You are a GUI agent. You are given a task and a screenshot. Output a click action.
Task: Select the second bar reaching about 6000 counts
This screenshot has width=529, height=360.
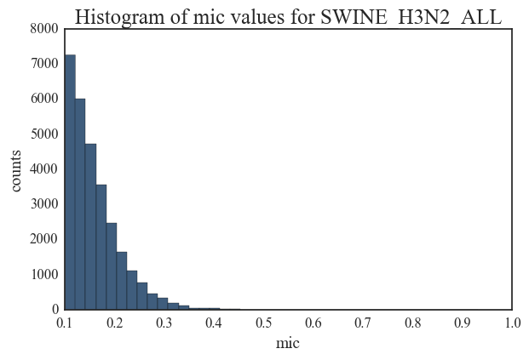tap(80, 204)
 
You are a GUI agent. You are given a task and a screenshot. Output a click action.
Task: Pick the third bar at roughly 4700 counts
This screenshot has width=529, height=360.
tap(90, 226)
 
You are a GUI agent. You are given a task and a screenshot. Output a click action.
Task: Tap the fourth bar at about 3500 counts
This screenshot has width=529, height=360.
tap(101, 247)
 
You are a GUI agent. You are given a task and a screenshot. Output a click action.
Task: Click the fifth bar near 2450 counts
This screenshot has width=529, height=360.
tap(111, 266)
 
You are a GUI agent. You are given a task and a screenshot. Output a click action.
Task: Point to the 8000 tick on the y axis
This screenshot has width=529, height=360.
tap(44, 29)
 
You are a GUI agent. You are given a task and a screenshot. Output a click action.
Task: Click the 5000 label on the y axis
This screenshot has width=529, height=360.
tap(44, 134)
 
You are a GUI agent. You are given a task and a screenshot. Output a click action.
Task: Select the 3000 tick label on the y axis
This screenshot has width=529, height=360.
tap(44, 204)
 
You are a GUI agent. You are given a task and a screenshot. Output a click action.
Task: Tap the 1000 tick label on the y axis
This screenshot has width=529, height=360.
tap(44, 275)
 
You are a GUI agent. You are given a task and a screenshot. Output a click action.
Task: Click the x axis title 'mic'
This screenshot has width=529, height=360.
tap(287, 345)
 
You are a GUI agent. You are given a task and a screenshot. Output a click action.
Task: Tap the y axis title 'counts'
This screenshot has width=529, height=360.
tap(17, 169)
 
